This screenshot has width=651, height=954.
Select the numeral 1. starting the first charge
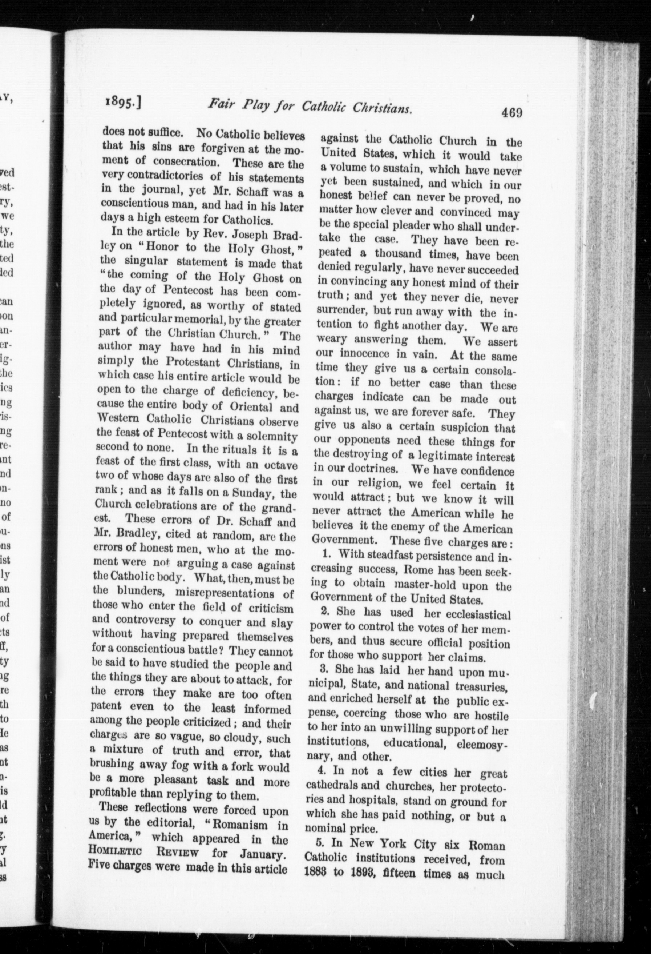pos(327,554)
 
